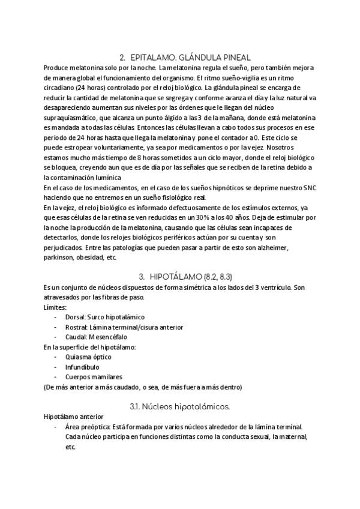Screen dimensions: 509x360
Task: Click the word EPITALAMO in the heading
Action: click(x=153, y=57)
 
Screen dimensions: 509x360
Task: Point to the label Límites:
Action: click(x=56, y=306)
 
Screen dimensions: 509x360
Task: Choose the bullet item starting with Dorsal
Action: click(x=104, y=316)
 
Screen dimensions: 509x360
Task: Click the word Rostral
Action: click(x=76, y=327)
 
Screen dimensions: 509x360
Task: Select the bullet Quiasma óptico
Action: click(x=88, y=357)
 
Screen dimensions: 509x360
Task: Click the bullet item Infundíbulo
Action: click(x=82, y=367)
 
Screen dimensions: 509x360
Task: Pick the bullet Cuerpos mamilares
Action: click(x=94, y=377)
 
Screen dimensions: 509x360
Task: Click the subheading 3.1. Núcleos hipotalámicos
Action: click(x=179, y=406)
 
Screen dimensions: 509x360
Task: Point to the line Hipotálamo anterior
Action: click(x=74, y=417)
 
